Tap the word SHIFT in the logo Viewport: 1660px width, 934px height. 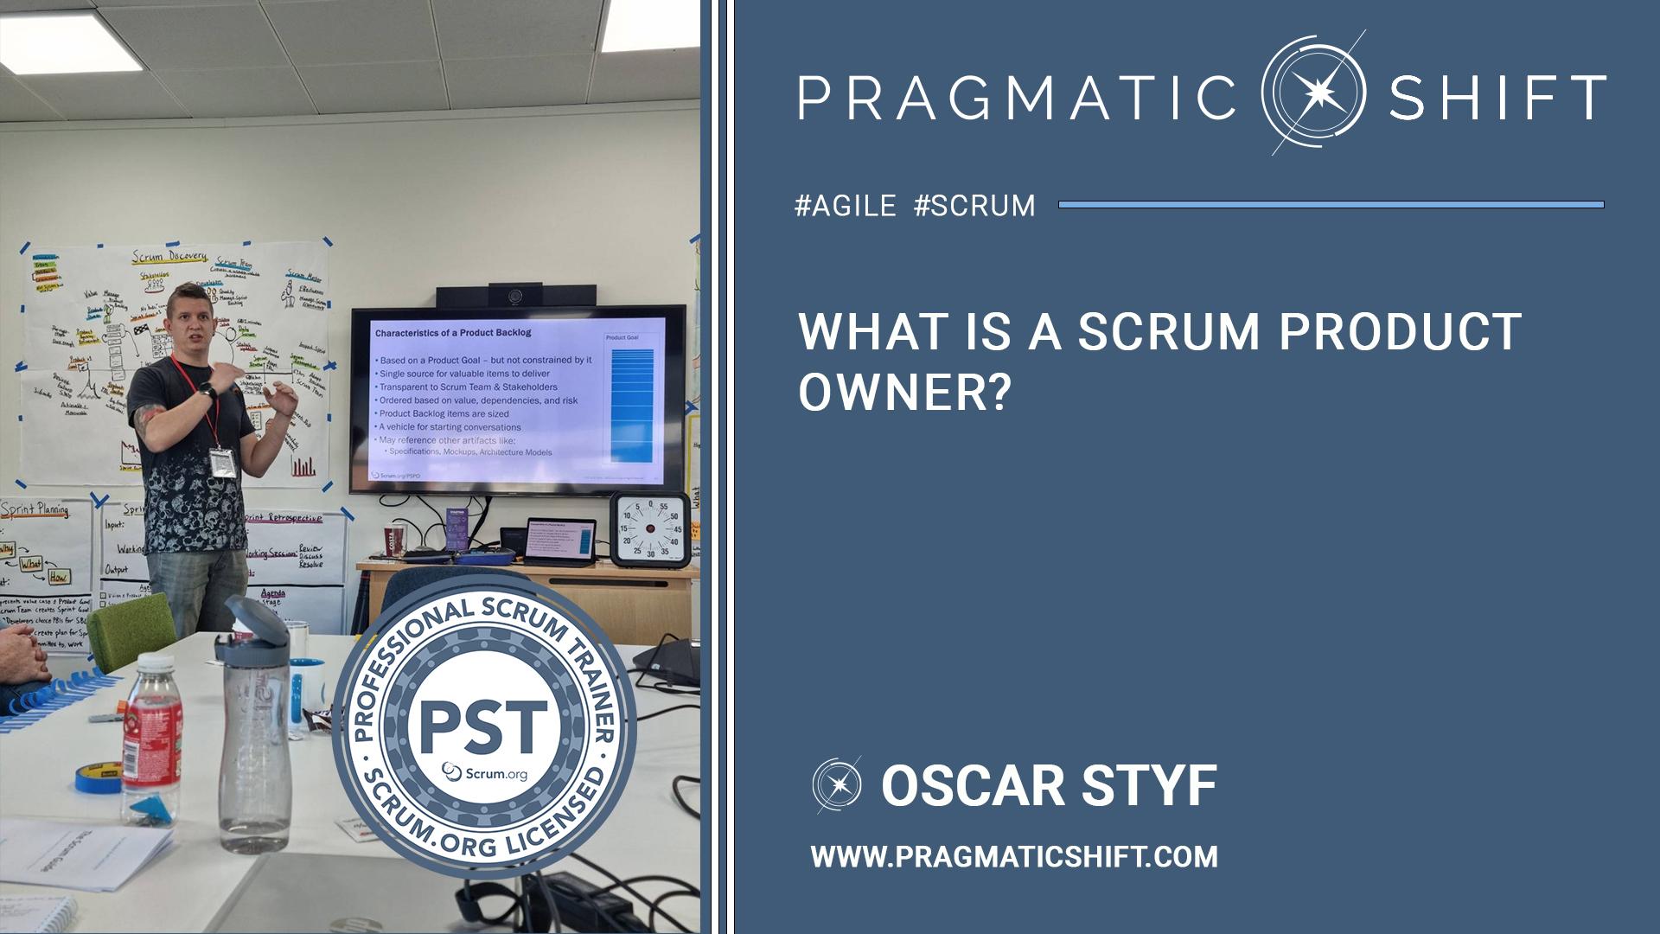1497,98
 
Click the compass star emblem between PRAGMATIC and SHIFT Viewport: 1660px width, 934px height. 1314,93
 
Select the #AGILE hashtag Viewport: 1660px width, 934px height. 846,206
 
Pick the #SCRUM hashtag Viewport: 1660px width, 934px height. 974,206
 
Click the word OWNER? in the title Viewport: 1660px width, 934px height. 904,393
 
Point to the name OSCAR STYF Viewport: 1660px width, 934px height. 1049,786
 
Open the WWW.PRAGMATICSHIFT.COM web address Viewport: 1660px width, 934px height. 1014,857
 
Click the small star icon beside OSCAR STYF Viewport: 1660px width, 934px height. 837,785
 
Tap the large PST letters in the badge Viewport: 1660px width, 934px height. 483,726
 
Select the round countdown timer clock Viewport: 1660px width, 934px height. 650,528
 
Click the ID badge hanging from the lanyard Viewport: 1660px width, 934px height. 222,463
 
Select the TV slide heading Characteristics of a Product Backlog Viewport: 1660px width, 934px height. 453,333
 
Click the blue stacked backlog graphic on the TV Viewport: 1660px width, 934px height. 632,405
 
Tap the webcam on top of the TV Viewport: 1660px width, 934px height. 516,296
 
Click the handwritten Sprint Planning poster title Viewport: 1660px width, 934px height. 35,509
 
